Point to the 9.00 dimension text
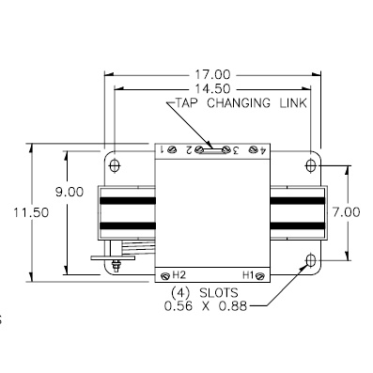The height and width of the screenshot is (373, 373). tap(69, 191)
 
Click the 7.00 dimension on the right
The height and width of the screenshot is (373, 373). tap(346, 212)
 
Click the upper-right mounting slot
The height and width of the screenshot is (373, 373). tap(311, 166)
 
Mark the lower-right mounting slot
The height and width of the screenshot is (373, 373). tap(311, 260)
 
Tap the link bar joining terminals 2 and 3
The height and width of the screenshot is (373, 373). tap(211, 148)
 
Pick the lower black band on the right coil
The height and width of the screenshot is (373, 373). tap(298, 225)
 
